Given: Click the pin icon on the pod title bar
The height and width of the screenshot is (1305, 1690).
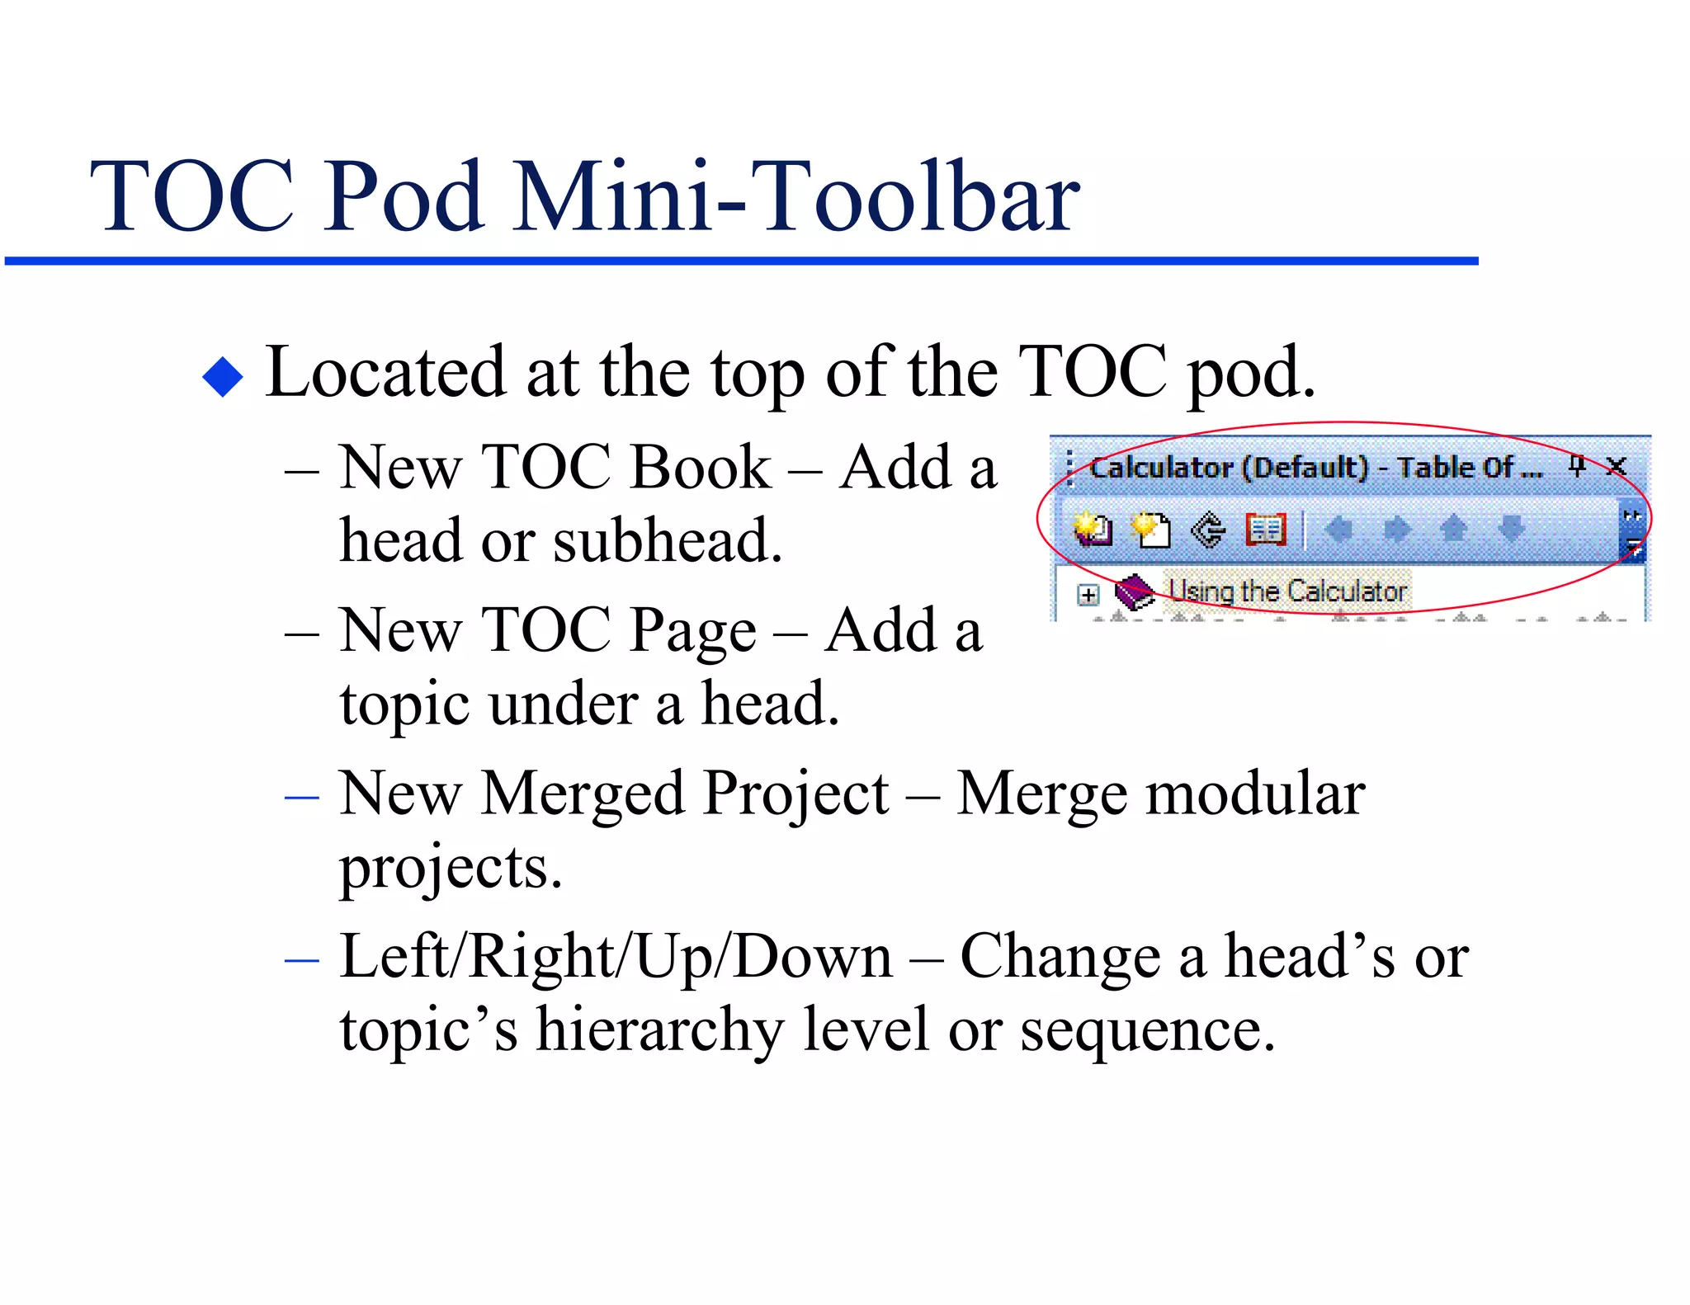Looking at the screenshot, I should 1577,466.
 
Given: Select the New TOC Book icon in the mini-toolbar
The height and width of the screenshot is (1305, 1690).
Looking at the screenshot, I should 1093,529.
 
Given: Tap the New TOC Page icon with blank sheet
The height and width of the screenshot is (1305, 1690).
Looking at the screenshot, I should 1150,529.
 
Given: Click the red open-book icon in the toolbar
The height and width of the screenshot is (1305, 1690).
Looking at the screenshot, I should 1265,529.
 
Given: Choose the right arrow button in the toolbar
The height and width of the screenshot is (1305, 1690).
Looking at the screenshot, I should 1396,529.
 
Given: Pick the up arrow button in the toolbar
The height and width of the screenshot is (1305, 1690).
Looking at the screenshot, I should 1453,529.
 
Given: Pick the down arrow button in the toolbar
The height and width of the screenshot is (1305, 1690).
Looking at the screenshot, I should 1511,529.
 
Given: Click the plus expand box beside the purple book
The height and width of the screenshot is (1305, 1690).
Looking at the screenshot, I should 1088,594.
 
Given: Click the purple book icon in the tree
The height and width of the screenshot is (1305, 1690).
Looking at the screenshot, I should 1135,591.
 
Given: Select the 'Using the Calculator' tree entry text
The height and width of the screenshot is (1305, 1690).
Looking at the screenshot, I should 1287,591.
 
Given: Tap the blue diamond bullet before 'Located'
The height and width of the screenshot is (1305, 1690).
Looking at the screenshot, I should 223,376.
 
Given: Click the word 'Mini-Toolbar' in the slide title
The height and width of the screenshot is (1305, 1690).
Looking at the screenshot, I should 795,198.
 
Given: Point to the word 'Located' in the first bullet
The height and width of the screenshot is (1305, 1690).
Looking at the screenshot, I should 385,373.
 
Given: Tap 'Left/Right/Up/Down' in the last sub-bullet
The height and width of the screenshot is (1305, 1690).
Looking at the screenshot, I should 616,957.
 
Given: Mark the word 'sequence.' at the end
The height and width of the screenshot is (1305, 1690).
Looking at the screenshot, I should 1147,1030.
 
